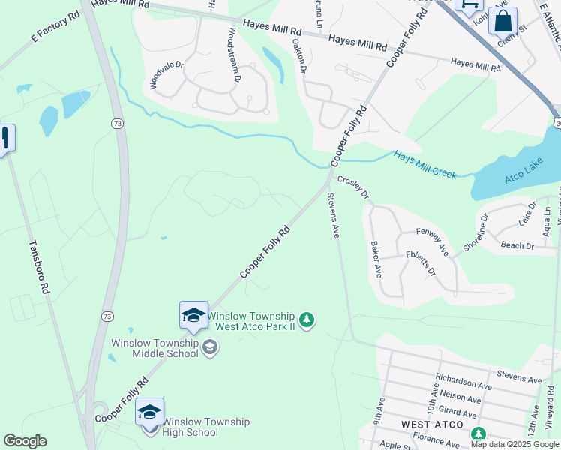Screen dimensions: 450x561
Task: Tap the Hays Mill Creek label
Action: (425, 164)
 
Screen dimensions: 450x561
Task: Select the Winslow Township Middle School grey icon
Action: (211, 346)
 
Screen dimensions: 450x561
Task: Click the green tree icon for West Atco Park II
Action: (306, 320)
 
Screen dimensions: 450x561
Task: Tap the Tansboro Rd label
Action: (38, 266)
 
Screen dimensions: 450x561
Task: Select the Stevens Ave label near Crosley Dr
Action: (333, 216)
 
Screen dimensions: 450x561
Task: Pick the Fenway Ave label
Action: (431, 242)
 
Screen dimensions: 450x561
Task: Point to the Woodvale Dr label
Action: (166, 75)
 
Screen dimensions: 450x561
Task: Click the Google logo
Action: (25, 441)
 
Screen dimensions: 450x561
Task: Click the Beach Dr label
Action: (517, 245)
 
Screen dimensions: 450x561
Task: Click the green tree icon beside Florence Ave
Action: (477, 433)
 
